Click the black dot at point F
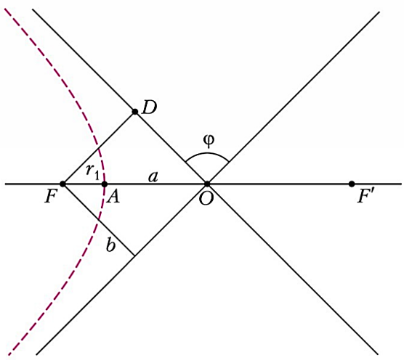click(62, 184)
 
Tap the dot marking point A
click(105, 184)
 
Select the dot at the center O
click(207, 184)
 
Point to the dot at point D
click(134, 112)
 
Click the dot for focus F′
click(352, 184)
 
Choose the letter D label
click(150, 107)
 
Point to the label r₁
click(92, 171)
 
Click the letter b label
click(110, 245)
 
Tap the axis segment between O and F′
click(280, 184)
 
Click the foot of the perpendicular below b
click(134, 255)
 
